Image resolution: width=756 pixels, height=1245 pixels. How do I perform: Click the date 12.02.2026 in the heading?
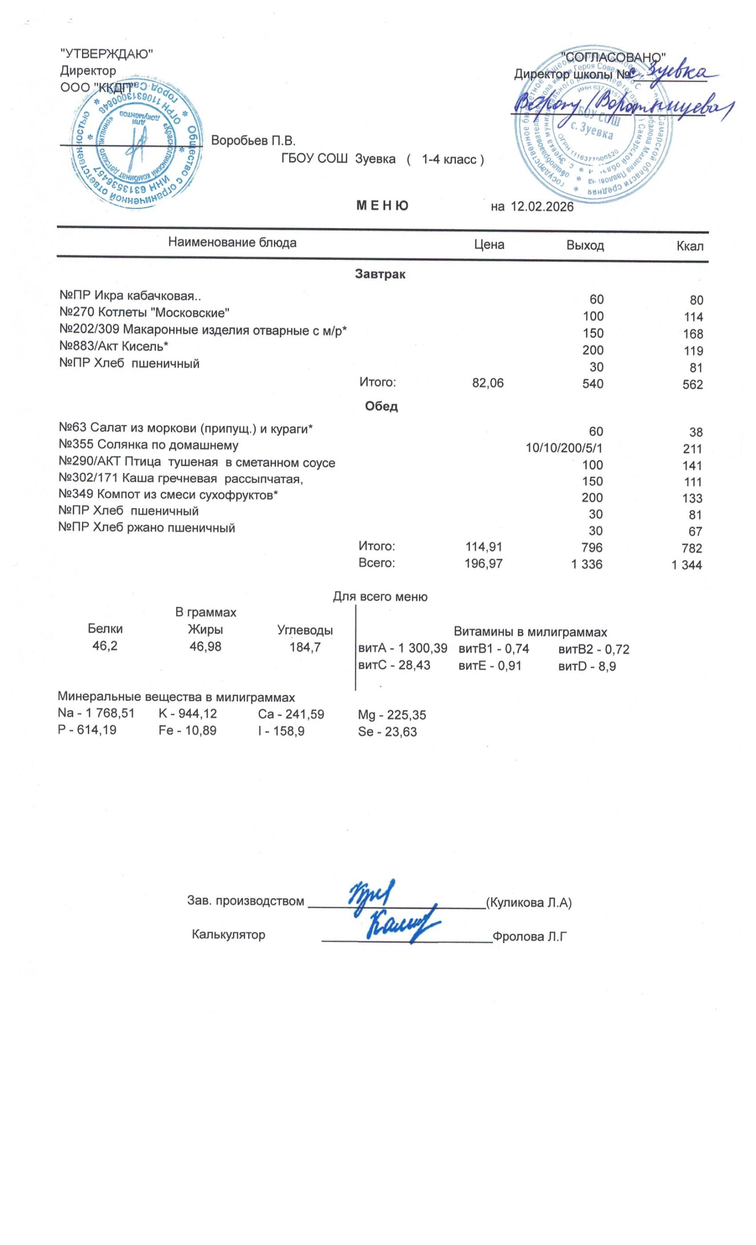click(x=542, y=207)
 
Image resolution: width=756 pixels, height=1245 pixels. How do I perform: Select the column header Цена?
click(x=488, y=245)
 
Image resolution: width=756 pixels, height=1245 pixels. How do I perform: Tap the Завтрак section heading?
click(x=380, y=274)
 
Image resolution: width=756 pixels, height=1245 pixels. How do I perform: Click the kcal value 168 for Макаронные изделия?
click(x=692, y=334)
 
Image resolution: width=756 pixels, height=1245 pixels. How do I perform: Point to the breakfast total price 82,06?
click(x=487, y=384)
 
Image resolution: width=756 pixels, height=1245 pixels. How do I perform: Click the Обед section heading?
click(x=381, y=406)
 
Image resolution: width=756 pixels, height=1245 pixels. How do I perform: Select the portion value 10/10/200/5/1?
click(x=564, y=448)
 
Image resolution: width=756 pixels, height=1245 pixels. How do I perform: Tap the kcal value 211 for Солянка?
click(x=692, y=449)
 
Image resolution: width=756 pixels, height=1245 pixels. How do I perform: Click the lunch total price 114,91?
click(x=484, y=547)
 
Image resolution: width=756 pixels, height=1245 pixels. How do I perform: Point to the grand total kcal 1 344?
click(x=686, y=565)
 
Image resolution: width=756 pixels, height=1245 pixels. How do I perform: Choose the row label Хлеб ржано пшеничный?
click(x=146, y=528)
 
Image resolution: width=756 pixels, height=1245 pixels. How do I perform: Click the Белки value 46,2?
click(x=105, y=646)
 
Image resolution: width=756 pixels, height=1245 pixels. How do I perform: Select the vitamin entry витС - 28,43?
click(x=394, y=665)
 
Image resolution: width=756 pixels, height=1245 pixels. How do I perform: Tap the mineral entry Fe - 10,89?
click(x=187, y=730)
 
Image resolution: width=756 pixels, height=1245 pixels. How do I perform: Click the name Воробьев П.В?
click(x=253, y=141)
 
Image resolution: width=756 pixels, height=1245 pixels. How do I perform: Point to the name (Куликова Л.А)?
click(x=529, y=903)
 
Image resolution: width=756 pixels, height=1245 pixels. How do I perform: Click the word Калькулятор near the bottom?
click(x=229, y=934)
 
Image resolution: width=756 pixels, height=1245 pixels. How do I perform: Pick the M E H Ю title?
click(x=382, y=206)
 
